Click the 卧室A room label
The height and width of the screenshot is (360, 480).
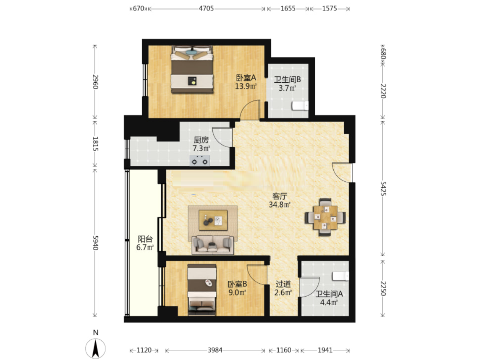(246, 78)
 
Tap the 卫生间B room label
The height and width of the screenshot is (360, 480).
(287, 80)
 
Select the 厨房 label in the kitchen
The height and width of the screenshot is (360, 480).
(201, 140)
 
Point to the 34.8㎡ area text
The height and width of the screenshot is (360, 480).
(279, 205)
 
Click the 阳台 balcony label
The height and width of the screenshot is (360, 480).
(145, 239)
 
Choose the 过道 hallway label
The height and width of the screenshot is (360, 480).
(283, 284)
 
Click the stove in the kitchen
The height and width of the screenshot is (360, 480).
(199, 160)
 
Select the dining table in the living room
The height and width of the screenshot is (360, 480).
(325, 217)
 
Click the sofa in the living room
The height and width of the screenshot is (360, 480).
(213, 245)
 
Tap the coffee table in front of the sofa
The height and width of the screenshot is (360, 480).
(213, 220)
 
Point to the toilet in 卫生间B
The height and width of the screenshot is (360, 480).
(300, 106)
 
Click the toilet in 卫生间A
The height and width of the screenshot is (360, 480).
(340, 276)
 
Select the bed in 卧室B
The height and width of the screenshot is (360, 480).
(202, 290)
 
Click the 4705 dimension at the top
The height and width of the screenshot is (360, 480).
(206, 8)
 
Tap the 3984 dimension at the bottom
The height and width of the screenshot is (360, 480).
(215, 351)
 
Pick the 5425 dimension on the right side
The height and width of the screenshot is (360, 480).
(383, 188)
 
